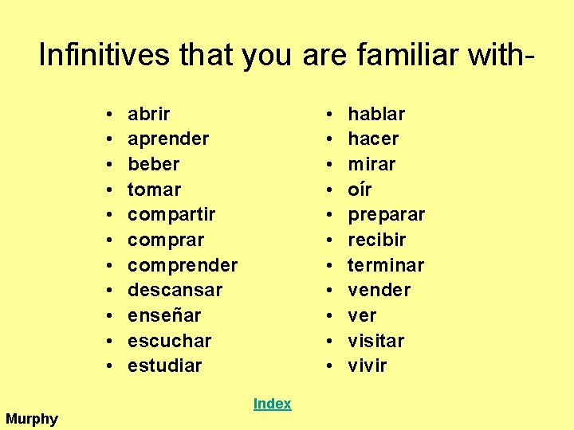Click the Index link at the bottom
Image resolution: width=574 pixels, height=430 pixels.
tap(272, 404)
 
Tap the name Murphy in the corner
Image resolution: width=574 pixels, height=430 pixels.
tap(32, 419)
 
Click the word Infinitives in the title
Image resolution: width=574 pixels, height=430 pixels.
tap(93, 55)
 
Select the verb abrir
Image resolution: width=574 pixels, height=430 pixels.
tap(148, 114)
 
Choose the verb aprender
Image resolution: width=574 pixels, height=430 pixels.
tap(167, 139)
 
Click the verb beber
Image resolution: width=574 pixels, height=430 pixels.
tap(153, 165)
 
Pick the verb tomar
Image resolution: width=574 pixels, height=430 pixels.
tap(154, 190)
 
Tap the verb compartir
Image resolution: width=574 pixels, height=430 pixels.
tap(171, 215)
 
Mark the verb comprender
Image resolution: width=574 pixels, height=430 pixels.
tap(182, 265)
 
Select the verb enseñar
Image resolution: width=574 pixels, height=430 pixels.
tap(164, 315)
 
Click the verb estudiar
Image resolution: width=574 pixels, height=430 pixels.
tap(164, 366)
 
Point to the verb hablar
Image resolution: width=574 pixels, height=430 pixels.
tap(376, 114)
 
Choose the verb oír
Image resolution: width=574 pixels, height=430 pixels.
tap(360, 190)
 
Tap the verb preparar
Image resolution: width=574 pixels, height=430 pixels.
tap(386, 215)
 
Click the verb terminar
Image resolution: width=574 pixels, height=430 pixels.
tap(386, 265)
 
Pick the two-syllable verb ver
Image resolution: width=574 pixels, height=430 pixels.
tap(362, 316)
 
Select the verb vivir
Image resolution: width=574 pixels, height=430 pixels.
tap(367, 366)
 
